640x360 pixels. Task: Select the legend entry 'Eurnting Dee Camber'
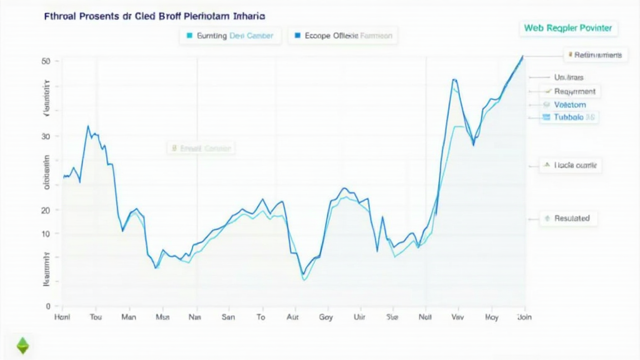tap(230, 36)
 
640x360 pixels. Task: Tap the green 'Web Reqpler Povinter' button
tap(567, 28)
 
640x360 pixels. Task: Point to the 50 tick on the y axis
tap(45, 61)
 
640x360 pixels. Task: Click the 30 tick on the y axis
tap(45, 136)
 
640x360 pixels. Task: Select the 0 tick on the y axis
tap(47, 306)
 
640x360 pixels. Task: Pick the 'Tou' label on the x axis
tap(96, 317)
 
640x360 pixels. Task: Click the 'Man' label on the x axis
tap(129, 317)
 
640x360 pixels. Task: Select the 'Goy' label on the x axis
tap(326, 317)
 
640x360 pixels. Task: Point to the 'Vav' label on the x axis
tap(457, 317)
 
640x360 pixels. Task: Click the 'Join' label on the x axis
tap(524, 317)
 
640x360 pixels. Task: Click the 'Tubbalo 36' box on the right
tap(568, 117)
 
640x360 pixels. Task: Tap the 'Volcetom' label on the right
tap(569, 104)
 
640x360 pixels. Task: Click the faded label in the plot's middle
tap(201, 149)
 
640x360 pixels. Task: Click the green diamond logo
tap(22, 345)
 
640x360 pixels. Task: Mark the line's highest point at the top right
tap(522, 56)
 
